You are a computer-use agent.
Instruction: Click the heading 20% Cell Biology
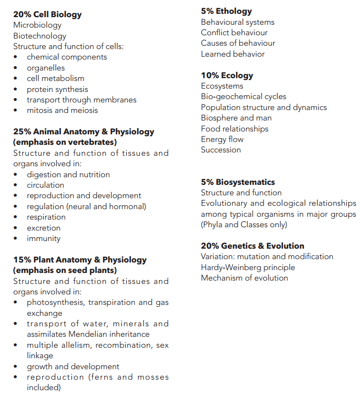point(47,14)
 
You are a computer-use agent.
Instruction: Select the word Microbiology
point(37,25)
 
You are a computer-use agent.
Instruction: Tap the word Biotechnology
point(40,36)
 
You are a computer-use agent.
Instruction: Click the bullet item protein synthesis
point(57,89)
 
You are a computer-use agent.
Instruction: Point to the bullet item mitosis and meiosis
point(62,110)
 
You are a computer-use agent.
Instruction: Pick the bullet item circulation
point(45,185)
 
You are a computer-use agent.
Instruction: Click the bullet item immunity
point(43,238)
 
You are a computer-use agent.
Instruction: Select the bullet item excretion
point(43,228)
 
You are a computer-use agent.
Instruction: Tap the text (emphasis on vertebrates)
point(65,142)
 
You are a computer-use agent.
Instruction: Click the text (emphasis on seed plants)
point(65,270)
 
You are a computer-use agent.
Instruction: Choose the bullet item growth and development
point(73,366)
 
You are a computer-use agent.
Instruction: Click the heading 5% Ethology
point(226,11)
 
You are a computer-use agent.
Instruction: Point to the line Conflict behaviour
point(234,32)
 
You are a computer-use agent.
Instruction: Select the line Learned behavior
point(232,54)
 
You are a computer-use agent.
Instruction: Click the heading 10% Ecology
point(227,75)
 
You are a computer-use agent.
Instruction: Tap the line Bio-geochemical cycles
point(243,96)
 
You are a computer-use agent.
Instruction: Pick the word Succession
point(221,150)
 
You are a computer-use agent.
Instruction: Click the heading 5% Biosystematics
point(238,182)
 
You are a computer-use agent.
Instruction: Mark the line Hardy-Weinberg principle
point(248,267)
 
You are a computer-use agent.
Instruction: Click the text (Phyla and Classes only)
point(244,224)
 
